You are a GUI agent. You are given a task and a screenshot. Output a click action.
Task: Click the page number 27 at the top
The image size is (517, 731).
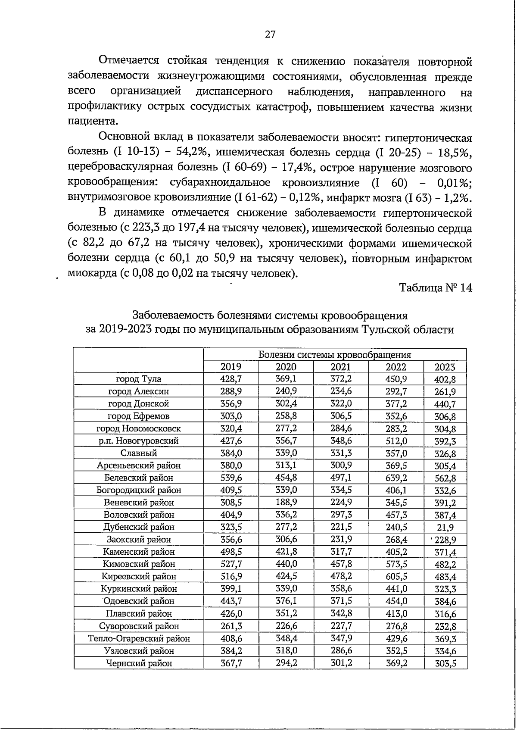pyautogui.click(x=270, y=35)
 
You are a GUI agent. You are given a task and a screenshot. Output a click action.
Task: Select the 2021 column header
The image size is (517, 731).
pyautogui.click(x=341, y=367)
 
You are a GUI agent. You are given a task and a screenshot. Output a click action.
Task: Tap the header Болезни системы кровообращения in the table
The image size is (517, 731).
pyautogui.click(x=334, y=355)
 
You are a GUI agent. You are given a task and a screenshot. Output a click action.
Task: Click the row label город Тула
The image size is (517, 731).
pyautogui.click(x=139, y=379)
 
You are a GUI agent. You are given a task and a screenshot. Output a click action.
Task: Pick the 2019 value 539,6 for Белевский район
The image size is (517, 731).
pyautogui.click(x=231, y=478)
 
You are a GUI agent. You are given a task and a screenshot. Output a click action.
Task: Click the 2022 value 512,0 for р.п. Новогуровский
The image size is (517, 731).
pyautogui.click(x=396, y=441)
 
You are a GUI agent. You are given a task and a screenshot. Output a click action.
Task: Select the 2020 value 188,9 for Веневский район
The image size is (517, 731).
pyautogui.click(x=286, y=503)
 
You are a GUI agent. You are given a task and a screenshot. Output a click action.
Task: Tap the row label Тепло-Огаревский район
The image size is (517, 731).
pyautogui.click(x=139, y=639)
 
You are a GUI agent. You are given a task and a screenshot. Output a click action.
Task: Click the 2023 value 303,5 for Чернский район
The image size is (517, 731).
pyautogui.click(x=445, y=664)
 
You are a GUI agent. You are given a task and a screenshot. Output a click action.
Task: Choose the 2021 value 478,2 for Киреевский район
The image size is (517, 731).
pyautogui.click(x=341, y=576)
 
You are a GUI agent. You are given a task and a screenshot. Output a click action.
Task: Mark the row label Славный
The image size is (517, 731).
pyautogui.click(x=139, y=453)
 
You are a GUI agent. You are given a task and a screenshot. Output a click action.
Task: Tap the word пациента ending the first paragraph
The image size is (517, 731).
pyautogui.click(x=93, y=122)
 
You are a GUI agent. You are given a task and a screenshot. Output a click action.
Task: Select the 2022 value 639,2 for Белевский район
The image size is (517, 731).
pyautogui.click(x=396, y=478)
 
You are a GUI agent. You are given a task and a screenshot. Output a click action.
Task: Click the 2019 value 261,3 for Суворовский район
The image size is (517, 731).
pyautogui.click(x=231, y=626)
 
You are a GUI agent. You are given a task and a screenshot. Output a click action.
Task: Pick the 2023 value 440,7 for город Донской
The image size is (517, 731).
pyautogui.click(x=445, y=404)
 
